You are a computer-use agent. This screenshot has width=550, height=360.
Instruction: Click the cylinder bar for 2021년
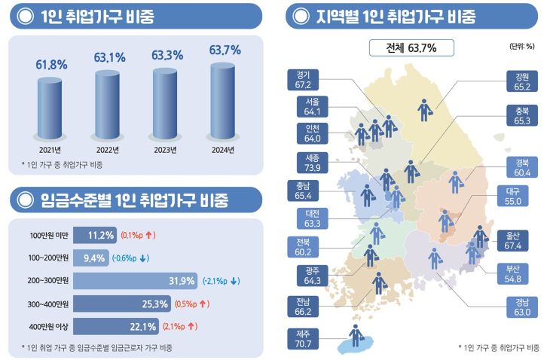point(50,105)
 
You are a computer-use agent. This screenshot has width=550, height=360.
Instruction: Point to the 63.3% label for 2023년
point(167,55)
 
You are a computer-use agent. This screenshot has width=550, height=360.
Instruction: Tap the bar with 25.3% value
point(124,304)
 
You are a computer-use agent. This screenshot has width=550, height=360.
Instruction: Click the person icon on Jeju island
point(354,335)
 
